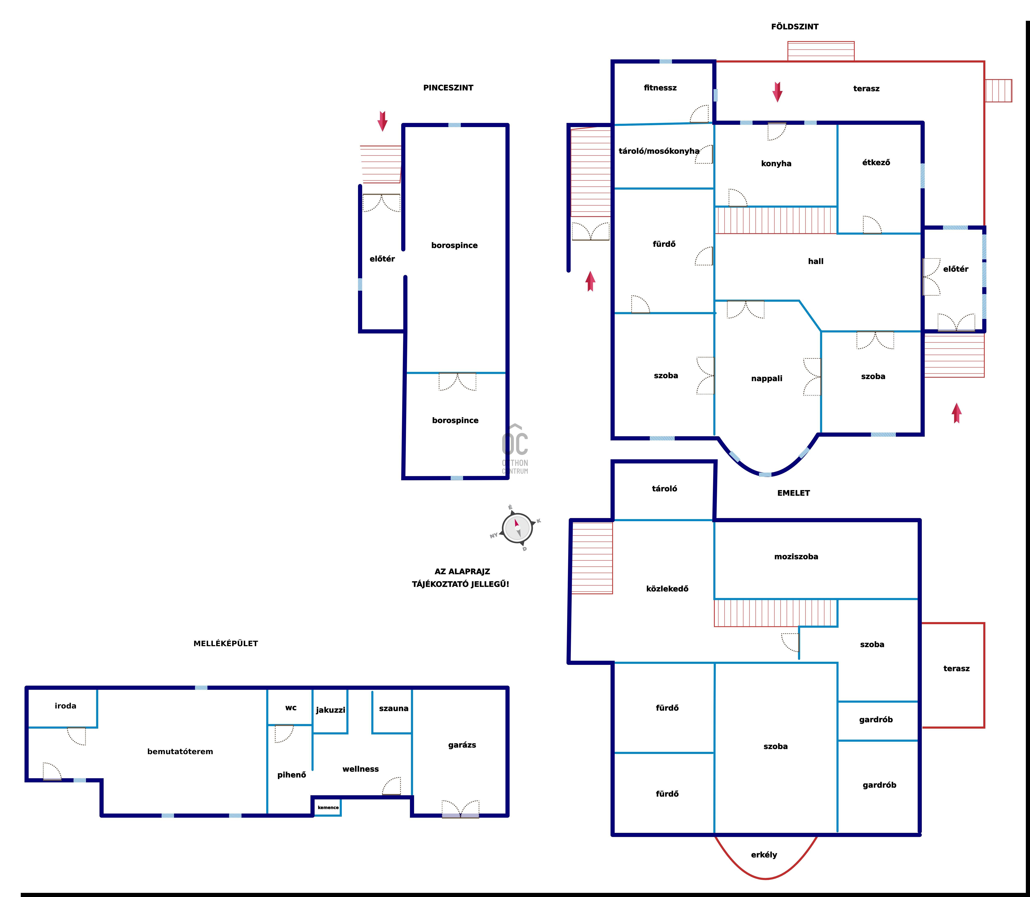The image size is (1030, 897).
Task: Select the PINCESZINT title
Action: (448, 88)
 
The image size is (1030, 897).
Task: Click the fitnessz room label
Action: (660, 88)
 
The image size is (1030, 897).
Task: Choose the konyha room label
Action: (776, 164)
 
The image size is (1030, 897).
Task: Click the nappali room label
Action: (767, 378)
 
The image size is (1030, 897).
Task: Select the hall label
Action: (816, 261)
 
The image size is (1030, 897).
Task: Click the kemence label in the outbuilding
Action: (328, 807)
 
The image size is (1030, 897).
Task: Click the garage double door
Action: (460, 809)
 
